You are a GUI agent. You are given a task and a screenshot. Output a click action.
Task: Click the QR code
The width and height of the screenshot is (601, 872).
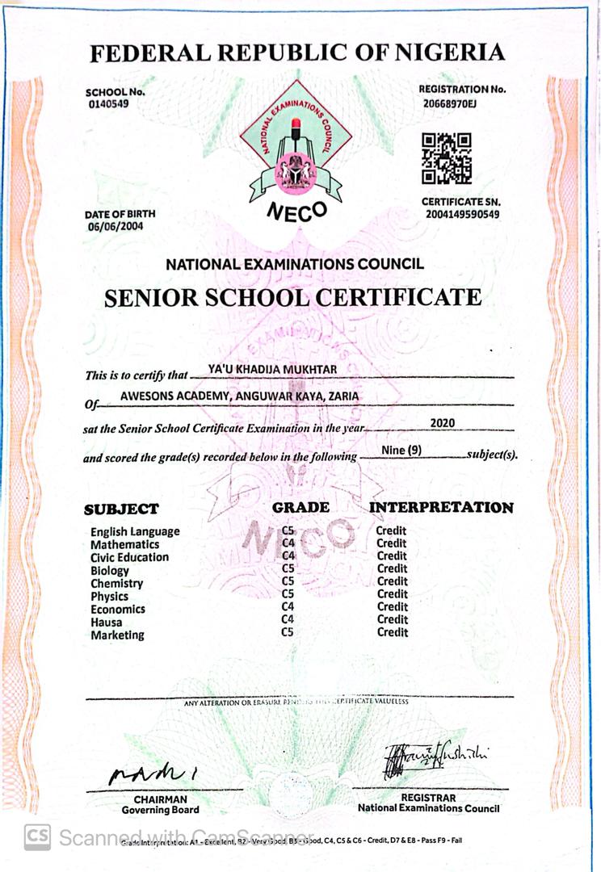(x=447, y=157)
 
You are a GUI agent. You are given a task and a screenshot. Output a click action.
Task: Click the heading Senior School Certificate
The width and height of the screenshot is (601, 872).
(x=292, y=297)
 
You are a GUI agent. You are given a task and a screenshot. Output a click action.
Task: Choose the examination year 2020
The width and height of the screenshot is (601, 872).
(x=443, y=422)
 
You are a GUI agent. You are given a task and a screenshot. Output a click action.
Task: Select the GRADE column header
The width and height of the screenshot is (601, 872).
(x=300, y=507)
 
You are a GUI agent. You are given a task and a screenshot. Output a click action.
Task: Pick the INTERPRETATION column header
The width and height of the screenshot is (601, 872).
(x=441, y=507)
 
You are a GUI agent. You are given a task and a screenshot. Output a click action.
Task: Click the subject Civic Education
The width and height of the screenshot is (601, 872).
(x=129, y=557)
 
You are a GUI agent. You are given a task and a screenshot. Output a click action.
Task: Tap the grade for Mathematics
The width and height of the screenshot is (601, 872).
(x=288, y=543)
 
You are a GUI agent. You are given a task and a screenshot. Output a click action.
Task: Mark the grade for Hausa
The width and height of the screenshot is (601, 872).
(x=288, y=619)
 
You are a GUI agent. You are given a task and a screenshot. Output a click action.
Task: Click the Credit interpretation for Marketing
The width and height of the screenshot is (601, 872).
(x=392, y=632)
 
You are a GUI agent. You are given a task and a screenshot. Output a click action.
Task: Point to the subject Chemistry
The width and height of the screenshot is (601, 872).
(x=116, y=583)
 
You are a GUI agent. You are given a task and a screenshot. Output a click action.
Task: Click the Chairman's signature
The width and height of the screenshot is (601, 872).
(x=154, y=773)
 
